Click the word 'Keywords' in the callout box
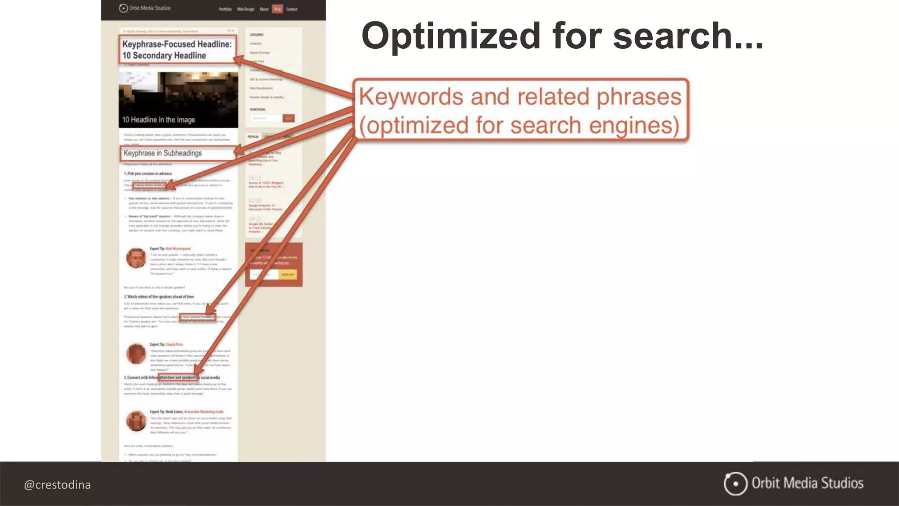point(411,97)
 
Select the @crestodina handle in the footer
point(58,485)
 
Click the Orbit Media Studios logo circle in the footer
point(735,484)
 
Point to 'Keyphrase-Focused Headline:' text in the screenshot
point(177,44)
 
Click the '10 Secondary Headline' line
point(164,56)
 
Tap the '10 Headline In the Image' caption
point(158,120)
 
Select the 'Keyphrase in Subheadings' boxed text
point(163,153)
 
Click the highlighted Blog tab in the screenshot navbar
point(277,9)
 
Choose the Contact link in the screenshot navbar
point(291,9)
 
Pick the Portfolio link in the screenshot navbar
point(225,9)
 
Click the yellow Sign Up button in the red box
point(288,275)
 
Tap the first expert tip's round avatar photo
point(136,258)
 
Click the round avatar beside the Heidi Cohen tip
point(136,421)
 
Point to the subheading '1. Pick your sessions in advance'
point(148,173)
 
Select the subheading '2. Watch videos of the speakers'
point(159,297)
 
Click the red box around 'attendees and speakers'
point(178,377)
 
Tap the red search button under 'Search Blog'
point(288,118)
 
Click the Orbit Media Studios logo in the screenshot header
point(145,8)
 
